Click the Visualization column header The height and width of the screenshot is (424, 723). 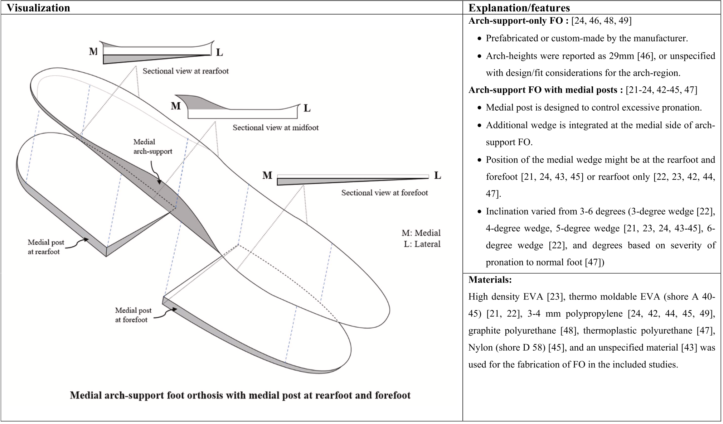(x=38, y=8)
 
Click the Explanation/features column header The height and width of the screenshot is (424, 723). (x=519, y=8)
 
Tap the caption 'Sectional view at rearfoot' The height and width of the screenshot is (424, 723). (x=185, y=71)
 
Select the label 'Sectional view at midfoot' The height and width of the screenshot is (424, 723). (x=275, y=127)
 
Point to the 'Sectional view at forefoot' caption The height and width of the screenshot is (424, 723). (x=384, y=193)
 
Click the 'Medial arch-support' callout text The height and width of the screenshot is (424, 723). (x=152, y=146)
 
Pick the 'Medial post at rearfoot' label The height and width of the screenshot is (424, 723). (x=45, y=247)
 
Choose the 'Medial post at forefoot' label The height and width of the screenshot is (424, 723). (x=133, y=315)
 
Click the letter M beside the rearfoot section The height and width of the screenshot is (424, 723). (x=93, y=52)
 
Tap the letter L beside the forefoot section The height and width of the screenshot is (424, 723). (x=437, y=175)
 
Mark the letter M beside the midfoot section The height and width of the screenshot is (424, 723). (x=176, y=106)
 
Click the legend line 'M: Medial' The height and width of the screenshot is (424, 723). (x=421, y=233)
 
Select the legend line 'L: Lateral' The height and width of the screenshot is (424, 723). (x=422, y=244)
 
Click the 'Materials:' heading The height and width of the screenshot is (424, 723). (x=490, y=280)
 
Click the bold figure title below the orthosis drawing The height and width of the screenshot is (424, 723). (x=240, y=395)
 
